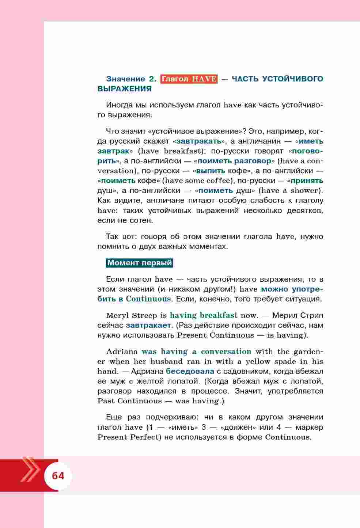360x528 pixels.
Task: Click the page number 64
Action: click(x=58, y=476)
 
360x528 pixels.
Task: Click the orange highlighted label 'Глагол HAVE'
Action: click(x=189, y=79)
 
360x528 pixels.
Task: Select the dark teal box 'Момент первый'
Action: click(x=139, y=263)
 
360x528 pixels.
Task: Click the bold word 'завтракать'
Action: click(x=199, y=141)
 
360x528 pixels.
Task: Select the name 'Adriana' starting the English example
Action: click(x=122, y=352)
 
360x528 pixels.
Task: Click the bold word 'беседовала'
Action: click(x=190, y=371)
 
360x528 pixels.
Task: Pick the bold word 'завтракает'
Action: click(x=149, y=325)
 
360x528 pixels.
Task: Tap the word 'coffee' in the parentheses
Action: click(x=219, y=181)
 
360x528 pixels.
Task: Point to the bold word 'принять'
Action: click(x=307, y=181)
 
